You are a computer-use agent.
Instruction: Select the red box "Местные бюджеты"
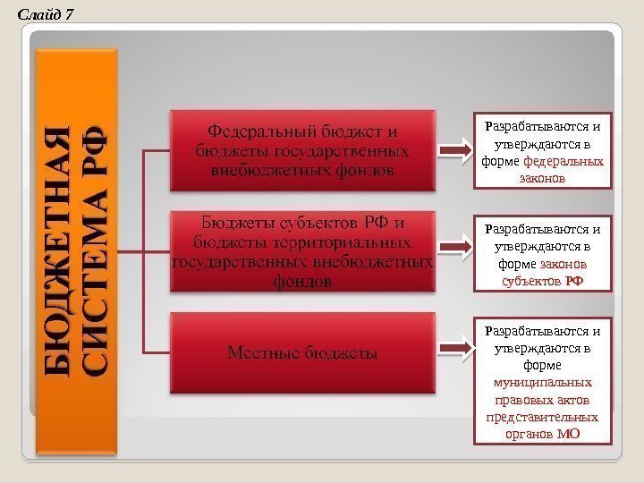303,353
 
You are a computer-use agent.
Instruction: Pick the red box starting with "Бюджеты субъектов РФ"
303,251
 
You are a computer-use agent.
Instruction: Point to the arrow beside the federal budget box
459,149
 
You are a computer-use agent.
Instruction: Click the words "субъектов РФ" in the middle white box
542,281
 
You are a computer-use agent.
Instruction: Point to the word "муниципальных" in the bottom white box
542,383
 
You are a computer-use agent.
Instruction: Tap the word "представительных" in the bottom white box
542,417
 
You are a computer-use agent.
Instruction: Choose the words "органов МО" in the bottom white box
542,434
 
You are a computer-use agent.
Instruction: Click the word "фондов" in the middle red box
302,281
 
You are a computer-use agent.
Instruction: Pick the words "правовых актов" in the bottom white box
542,400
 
